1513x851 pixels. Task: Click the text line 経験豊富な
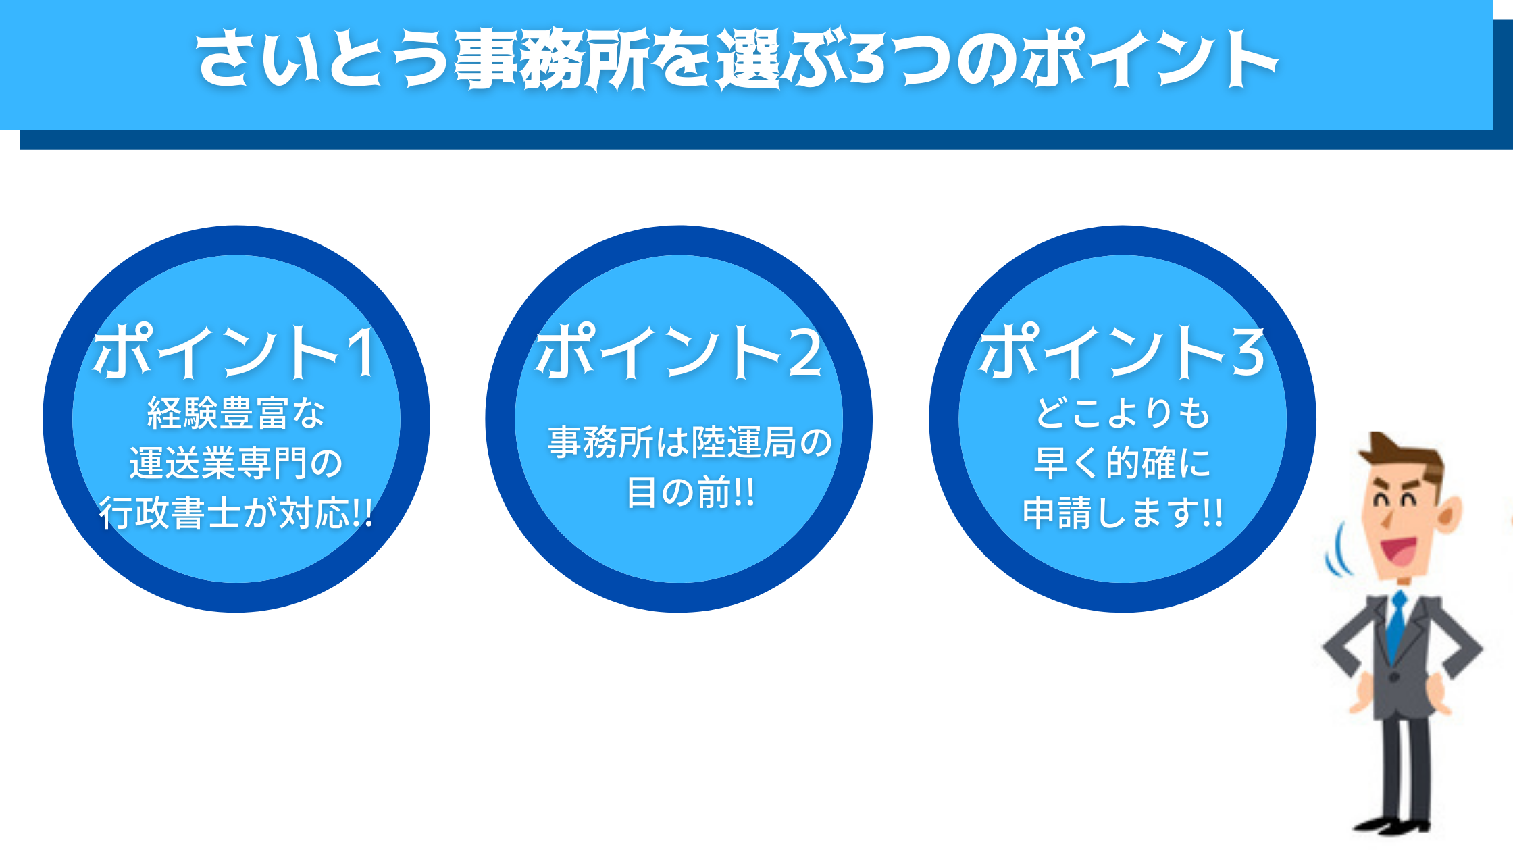coord(236,413)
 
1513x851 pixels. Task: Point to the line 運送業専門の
coord(236,463)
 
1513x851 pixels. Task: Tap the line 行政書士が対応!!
coord(236,513)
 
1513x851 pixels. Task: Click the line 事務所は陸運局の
coord(690,442)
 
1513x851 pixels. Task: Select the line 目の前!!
coord(690,492)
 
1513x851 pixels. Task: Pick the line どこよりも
coord(1122,413)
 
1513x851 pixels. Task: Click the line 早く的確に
coord(1122,463)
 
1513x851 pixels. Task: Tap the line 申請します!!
coord(1122,513)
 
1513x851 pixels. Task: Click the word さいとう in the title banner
coord(324,58)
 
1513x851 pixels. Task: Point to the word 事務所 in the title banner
coord(552,58)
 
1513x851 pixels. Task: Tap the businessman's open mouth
coord(1400,549)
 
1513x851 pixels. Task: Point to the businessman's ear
coord(1450,513)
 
